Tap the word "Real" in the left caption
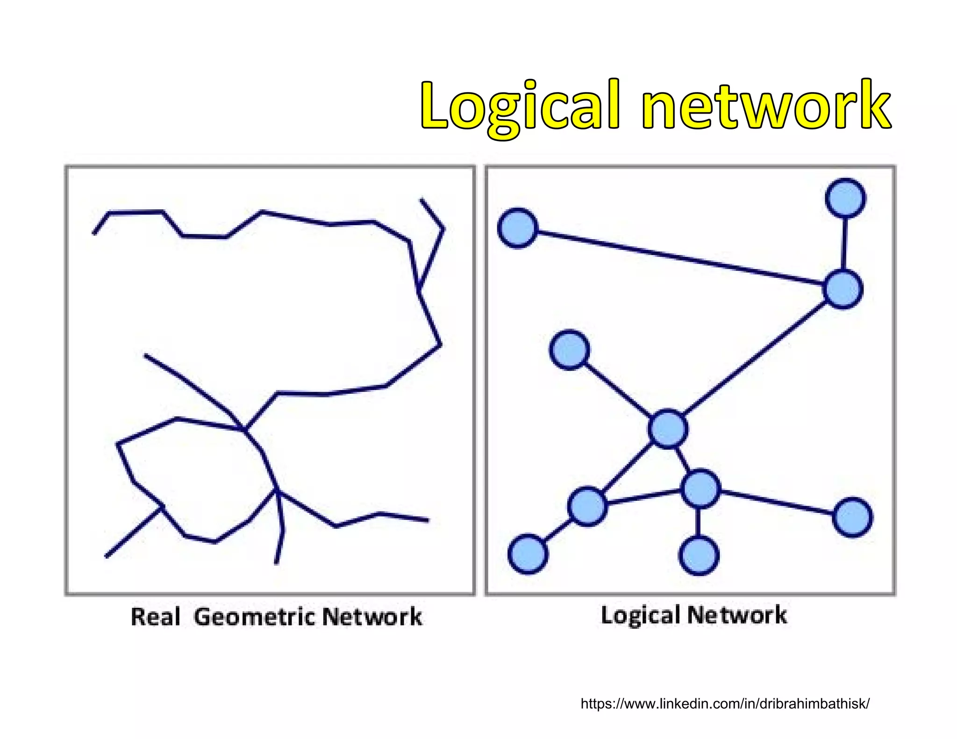[x=155, y=617]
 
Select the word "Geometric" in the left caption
[x=255, y=617]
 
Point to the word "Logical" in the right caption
[x=640, y=615]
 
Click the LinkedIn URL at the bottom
[x=725, y=703]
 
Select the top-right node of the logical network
[x=845, y=198]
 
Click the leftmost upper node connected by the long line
[x=518, y=228]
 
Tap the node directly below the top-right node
[x=843, y=289]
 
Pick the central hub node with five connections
[x=668, y=429]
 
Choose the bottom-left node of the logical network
[x=528, y=554]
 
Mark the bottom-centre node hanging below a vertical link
[x=699, y=555]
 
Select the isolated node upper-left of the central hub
[x=569, y=350]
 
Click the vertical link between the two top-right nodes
[x=844, y=243]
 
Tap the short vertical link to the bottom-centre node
[x=698, y=522]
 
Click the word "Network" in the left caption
[x=372, y=617]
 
